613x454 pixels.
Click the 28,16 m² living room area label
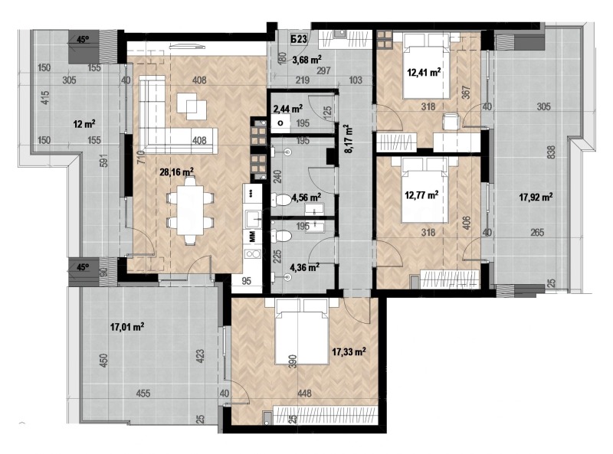point(176,173)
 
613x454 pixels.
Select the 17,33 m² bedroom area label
point(348,351)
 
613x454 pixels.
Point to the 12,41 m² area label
point(425,73)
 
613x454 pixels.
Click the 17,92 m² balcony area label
point(536,197)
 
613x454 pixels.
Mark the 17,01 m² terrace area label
point(127,327)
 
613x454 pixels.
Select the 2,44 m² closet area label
point(287,109)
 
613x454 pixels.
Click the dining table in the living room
point(189,207)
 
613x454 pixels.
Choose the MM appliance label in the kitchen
point(251,236)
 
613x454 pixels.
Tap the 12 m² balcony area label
point(84,123)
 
